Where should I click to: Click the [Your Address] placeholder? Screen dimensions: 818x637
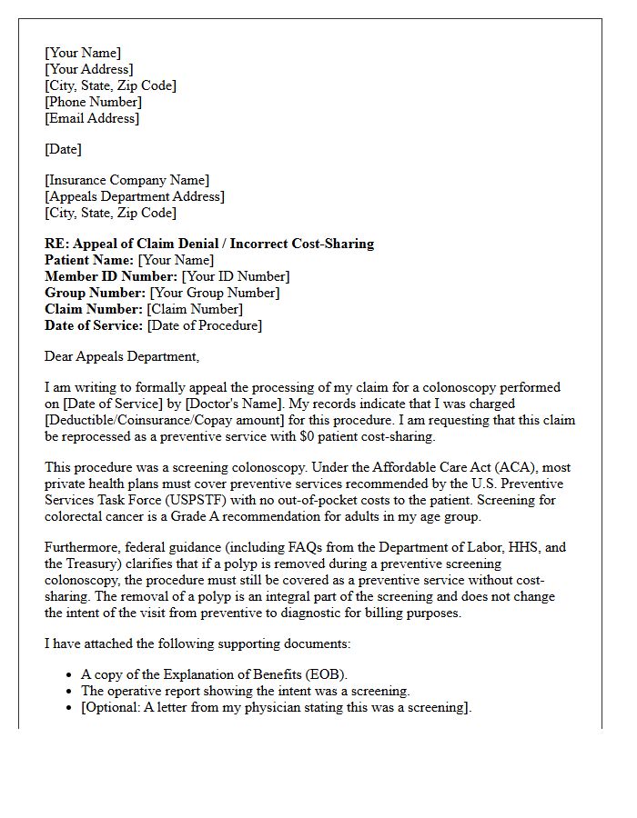88,69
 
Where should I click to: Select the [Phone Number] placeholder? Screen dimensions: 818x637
93,102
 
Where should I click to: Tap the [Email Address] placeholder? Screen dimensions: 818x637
92,118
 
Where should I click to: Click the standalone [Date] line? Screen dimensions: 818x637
63,149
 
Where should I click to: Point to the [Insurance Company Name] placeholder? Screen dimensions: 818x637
126,180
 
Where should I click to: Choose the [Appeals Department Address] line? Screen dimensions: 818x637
134,196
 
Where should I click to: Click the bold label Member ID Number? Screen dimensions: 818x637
111,276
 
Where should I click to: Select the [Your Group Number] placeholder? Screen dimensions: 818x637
214,293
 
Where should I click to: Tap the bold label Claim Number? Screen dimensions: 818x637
94,309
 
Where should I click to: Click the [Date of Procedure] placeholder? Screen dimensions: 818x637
204,325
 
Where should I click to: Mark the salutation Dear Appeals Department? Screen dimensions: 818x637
121,356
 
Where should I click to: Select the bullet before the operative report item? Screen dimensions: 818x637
70,692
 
